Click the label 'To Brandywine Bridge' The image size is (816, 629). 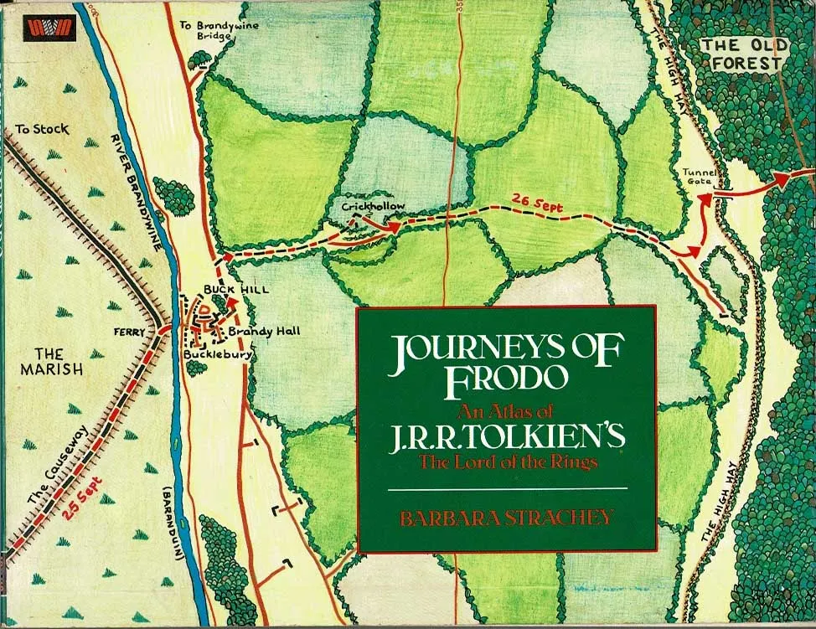pyautogui.click(x=220, y=31)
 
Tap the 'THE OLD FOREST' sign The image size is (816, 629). pyautogui.click(x=741, y=54)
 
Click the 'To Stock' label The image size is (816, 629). pyautogui.click(x=42, y=130)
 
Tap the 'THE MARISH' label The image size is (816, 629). pyautogui.click(x=50, y=361)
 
